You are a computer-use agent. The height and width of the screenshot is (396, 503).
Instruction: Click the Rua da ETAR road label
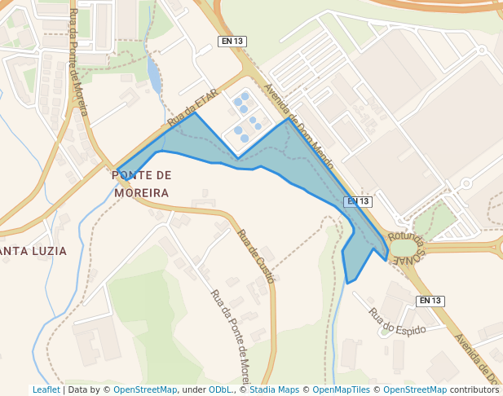pos(193,107)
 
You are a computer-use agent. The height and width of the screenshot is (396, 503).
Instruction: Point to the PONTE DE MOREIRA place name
pos(142,184)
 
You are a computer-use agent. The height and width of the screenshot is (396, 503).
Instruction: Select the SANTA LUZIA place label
pos(33,251)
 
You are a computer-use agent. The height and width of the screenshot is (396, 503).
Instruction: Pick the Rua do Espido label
pos(397,322)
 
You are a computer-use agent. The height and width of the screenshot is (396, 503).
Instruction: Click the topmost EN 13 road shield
pos(232,41)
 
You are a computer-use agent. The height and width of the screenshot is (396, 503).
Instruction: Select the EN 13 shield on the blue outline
pos(359,201)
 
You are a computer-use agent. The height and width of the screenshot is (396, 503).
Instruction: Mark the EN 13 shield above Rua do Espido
pos(430,301)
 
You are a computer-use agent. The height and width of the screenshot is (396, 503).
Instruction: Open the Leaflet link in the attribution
pos(46,390)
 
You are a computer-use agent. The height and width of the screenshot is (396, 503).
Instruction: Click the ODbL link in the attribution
pos(220,390)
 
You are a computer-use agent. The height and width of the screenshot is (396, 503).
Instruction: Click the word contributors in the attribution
pos(474,390)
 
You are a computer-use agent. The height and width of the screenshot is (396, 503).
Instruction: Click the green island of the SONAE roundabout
pos(404,247)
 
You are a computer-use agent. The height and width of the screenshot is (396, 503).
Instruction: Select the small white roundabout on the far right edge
pos(467,183)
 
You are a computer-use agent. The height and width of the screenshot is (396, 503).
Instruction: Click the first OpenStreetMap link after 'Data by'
pos(145,390)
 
